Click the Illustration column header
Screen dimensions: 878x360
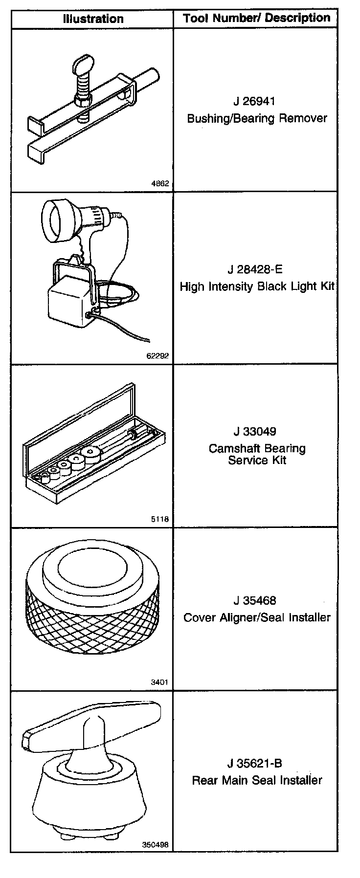[x=93, y=19]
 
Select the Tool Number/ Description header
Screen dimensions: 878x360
[x=256, y=19]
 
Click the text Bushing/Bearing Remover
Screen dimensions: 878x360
[x=257, y=118]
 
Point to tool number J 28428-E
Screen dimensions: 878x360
[x=255, y=269]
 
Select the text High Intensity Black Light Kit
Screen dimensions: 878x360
[x=257, y=286]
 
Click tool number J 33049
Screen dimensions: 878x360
[x=254, y=432]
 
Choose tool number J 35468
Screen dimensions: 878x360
[x=254, y=600]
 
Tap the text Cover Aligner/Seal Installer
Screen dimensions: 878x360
[x=257, y=617]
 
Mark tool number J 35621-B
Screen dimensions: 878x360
[x=254, y=763]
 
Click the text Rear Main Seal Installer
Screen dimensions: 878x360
[x=257, y=780]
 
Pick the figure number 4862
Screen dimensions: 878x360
[x=160, y=184]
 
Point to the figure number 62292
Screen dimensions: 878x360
[x=157, y=355]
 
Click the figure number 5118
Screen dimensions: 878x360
[x=160, y=519]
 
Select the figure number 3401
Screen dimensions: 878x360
[x=160, y=682]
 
